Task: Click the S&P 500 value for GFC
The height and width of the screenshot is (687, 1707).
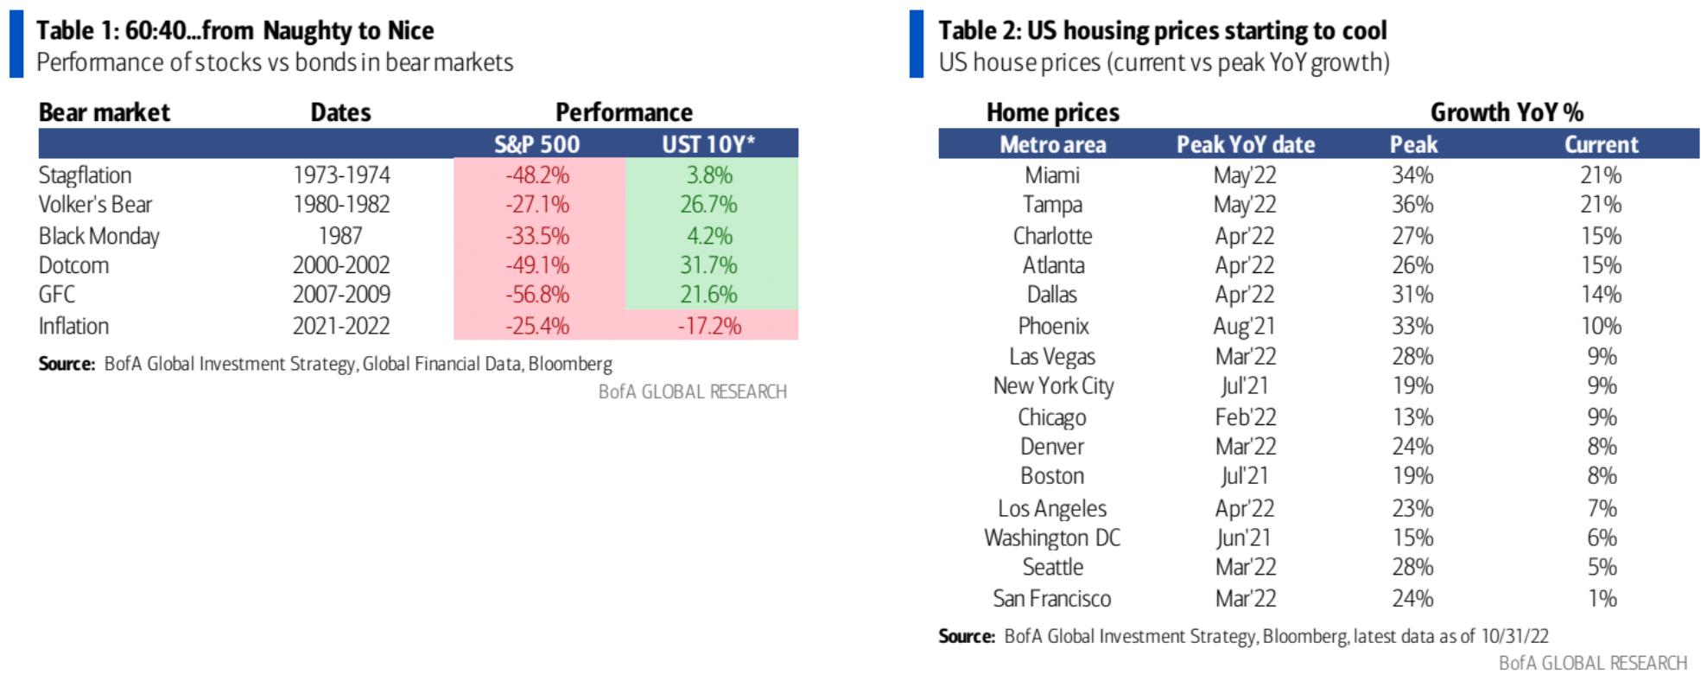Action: coord(537,295)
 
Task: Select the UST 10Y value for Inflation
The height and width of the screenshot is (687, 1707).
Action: coord(709,326)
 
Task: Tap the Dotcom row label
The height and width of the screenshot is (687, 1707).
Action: coord(74,265)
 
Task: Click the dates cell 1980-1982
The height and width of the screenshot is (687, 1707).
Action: coord(341,205)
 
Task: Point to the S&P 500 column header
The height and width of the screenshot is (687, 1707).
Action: coord(536,144)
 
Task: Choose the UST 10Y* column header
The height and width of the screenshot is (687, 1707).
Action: coord(708,144)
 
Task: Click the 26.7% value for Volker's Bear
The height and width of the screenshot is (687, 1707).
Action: coord(708,205)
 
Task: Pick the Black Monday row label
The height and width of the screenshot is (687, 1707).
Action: coord(99,236)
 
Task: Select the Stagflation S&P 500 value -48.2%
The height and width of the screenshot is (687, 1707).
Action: coord(537,175)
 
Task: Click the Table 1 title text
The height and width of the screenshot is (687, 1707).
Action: coord(235,31)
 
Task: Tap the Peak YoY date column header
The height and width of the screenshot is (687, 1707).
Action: coord(1245,144)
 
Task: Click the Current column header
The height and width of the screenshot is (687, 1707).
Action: coord(1601,144)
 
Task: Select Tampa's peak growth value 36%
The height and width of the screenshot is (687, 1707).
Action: coord(1412,205)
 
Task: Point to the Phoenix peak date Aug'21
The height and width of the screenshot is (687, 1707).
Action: coord(1244,326)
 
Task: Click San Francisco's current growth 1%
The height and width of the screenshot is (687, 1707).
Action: coord(1602,598)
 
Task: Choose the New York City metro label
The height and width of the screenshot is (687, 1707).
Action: coord(1053,385)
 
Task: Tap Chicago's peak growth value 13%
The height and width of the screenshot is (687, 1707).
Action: coord(1412,417)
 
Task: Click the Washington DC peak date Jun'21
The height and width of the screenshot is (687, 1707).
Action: coord(1244,538)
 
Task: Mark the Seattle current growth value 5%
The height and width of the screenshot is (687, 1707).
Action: coord(1602,567)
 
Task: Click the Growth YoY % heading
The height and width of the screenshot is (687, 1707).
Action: coord(1507,112)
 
